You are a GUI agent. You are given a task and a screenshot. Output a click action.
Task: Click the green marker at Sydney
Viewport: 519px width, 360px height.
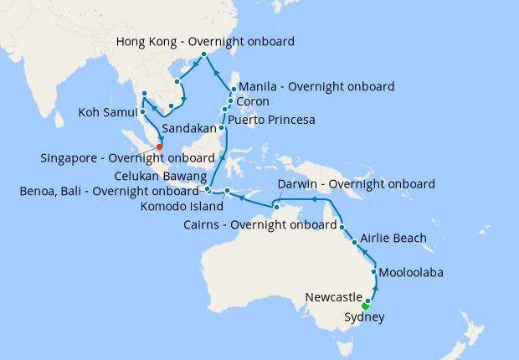pos(365,306)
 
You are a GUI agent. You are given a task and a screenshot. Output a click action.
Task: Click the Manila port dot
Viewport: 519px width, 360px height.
pos(233,90)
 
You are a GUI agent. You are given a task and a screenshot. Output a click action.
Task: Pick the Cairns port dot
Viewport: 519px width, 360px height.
pos(343,226)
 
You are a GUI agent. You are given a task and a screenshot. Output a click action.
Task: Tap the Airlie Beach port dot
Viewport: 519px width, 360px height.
pos(355,243)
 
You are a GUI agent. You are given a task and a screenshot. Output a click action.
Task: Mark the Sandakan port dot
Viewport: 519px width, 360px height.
pos(221,128)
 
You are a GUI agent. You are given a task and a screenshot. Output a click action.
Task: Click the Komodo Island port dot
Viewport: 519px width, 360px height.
pos(227,192)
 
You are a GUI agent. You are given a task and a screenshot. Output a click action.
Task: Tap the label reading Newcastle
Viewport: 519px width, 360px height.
pos(333,298)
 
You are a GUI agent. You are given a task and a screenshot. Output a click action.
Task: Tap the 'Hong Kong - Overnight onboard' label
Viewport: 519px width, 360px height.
pos(205,41)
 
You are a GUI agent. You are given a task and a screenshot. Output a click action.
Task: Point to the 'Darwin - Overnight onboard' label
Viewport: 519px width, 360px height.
pos(356,184)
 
